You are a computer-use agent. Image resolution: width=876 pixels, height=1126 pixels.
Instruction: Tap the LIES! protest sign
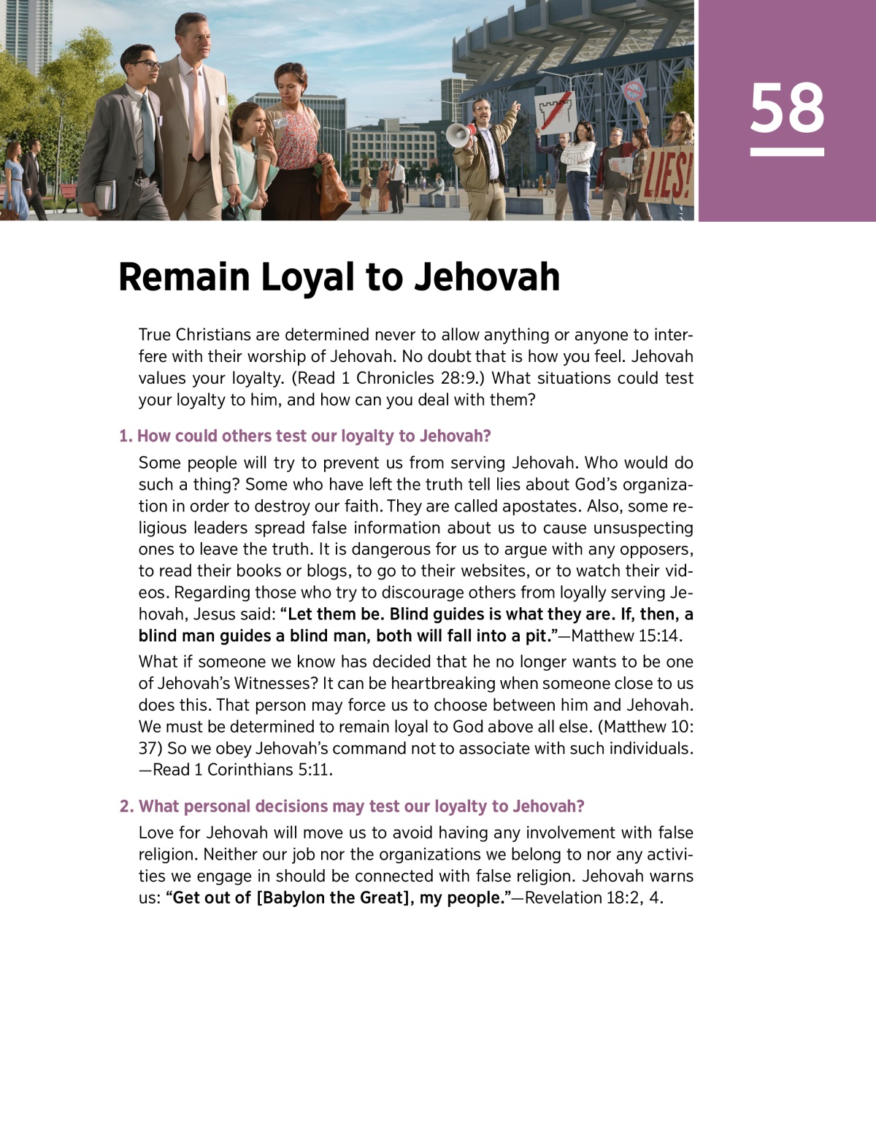click(x=665, y=176)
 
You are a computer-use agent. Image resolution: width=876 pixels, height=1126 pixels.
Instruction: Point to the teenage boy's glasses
click(x=146, y=65)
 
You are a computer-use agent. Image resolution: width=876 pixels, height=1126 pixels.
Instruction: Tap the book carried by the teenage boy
click(x=105, y=195)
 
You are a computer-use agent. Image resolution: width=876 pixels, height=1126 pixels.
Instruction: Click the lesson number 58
click(x=786, y=108)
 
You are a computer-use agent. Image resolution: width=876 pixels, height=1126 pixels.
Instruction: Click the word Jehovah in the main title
click(x=487, y=277)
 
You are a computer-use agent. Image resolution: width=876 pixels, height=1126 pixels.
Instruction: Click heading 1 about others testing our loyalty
click(x=305, y=436)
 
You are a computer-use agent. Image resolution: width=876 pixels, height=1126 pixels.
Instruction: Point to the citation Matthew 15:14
click(x=626, y=636)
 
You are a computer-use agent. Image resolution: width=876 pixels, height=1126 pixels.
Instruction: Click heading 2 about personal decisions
click(x=353, y=806)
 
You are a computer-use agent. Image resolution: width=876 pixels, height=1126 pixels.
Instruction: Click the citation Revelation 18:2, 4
click(x=593, y=898)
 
